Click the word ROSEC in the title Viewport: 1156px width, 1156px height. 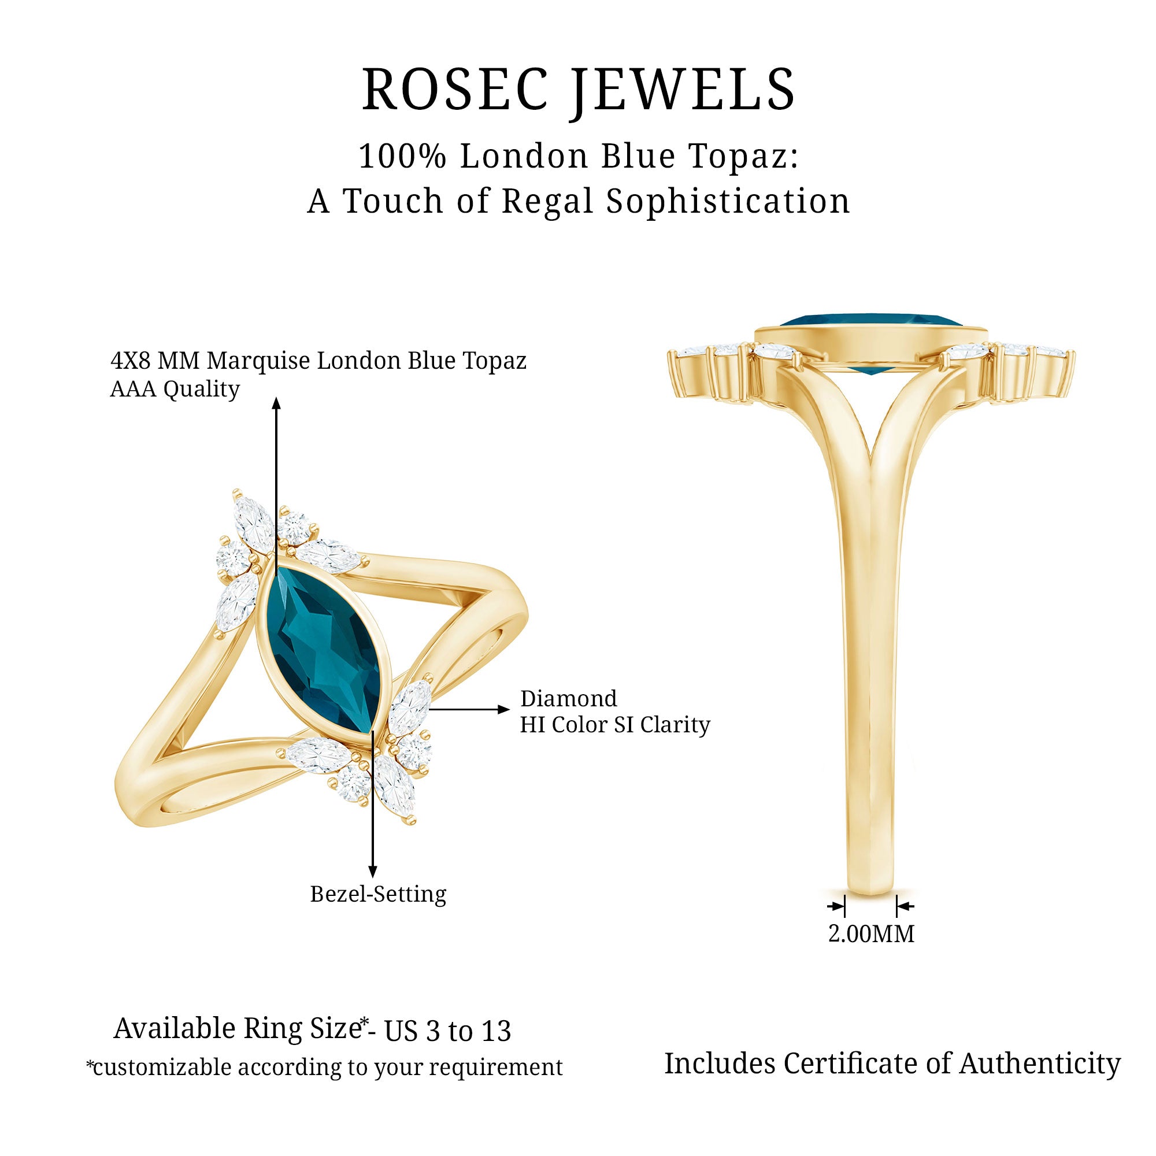point(455,90)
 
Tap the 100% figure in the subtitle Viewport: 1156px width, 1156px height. point(402,156)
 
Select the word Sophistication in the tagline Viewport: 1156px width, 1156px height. point(728,201)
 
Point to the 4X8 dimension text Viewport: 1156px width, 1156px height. point(133,361)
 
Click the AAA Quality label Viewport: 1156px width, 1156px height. point(175,389)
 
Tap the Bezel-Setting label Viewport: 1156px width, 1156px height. point(378,894)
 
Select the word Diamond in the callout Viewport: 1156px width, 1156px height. point(568,698)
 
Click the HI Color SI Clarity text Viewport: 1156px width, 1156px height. point(614,725)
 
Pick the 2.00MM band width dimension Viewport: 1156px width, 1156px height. point(870,933)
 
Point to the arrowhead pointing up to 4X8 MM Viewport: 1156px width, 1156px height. point(276,403)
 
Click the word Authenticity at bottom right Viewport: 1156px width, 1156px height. point(1040,1064)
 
